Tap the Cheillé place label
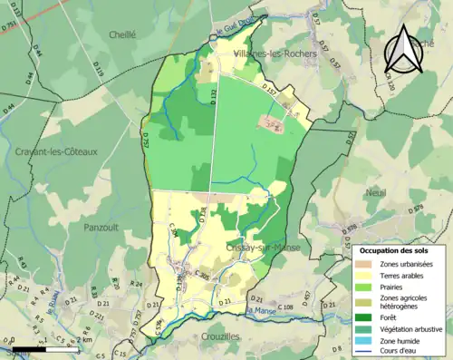click(x=121, y=34)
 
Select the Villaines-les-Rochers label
click(x=275, y=54)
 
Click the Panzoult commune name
click(x=101, y=226)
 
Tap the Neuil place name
click(x=374, y=192)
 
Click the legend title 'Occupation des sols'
click(x=394, y=249)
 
